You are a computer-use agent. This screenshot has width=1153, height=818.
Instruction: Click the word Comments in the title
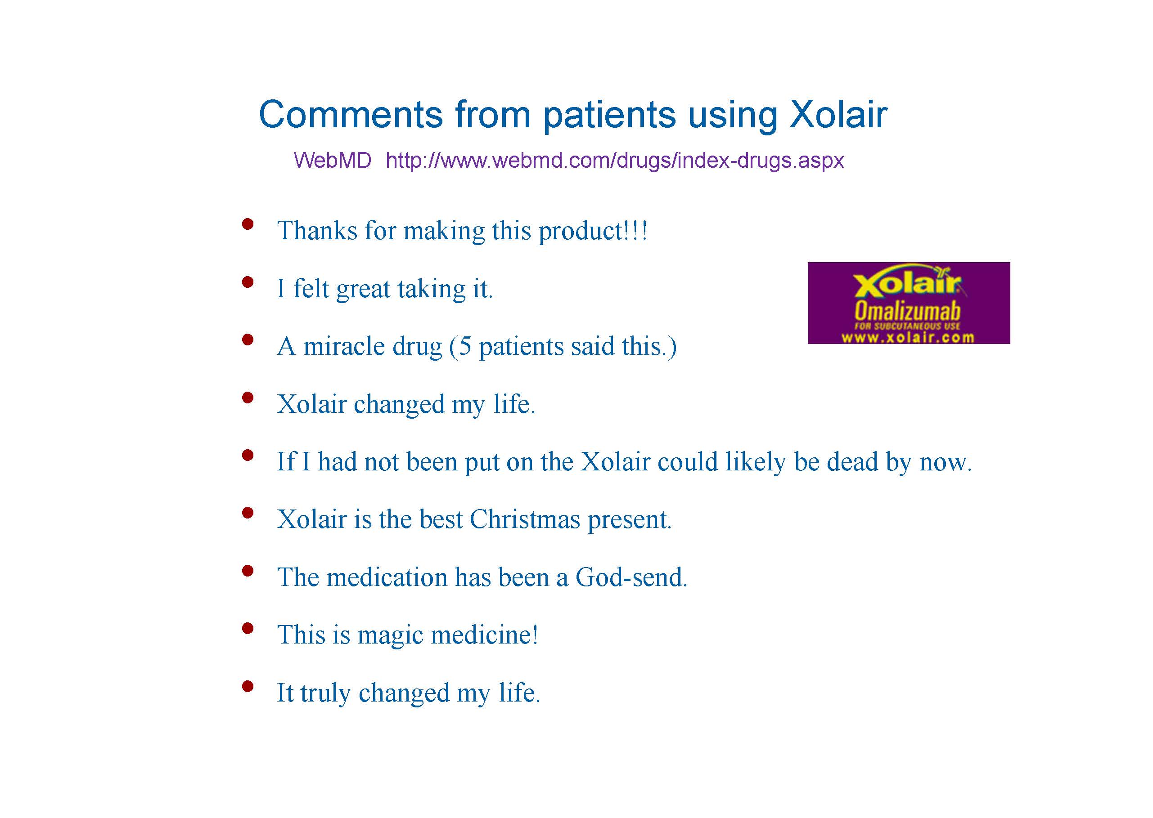click(x=351, y=114)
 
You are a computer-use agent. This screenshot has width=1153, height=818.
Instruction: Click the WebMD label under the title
click(x=332, y=160)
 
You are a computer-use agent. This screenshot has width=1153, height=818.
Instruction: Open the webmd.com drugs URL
click(x=615, y=161)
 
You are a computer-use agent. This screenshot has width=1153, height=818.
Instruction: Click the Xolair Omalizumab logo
click(x=909, y=303)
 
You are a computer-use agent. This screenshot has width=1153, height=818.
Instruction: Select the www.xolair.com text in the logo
click(x=908, y=337)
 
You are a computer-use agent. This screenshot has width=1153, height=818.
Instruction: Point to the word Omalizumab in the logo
click(x=907, y=311)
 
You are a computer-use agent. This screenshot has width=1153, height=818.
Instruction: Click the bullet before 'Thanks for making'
click(x=247, y=223)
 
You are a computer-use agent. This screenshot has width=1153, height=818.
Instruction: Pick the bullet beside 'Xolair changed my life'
click(x=247, y=398)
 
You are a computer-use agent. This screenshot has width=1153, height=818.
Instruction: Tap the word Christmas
click(x=525, y=519)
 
